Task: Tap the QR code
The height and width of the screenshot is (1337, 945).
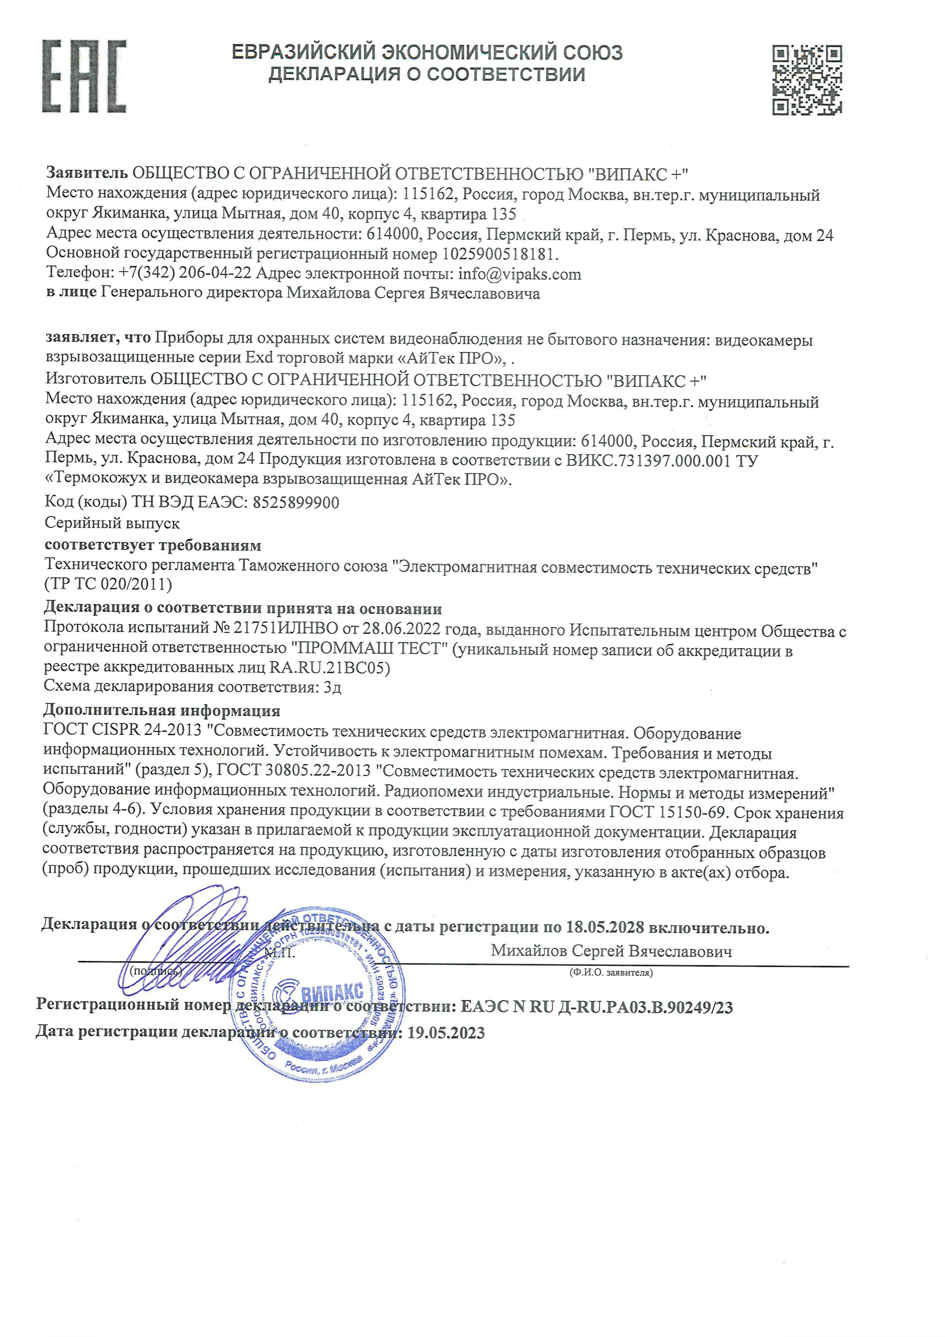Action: tap(807, 80)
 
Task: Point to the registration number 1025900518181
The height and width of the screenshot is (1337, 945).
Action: tap(500, 254)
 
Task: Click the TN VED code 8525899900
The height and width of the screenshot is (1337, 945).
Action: tap(296, 502)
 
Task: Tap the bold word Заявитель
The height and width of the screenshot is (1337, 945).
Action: tap(87, 173)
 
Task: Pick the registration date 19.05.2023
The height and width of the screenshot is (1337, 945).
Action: tap(445, 1032)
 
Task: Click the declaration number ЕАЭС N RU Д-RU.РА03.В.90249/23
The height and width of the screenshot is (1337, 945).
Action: tap(596, 1007)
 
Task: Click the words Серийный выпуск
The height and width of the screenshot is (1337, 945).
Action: tap(112, 523)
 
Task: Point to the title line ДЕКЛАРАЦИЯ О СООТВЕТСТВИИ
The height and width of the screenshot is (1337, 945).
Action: tap(426, 75)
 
